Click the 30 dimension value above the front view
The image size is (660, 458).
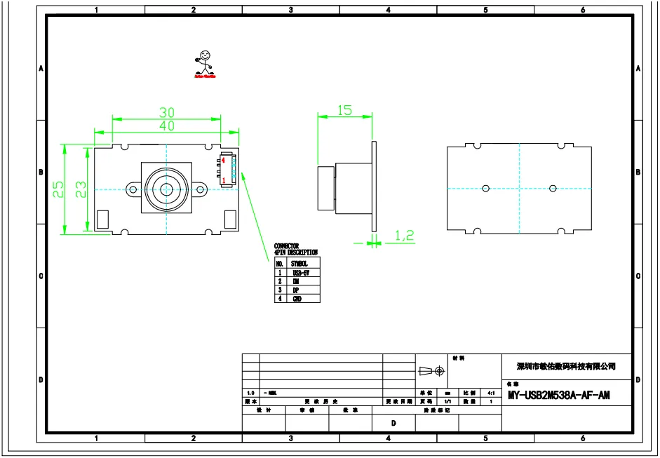pyautogui.click(x=166, y=112)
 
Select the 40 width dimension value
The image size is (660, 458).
pyautogui.click(x=166, y=126)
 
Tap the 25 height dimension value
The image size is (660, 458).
pyautogui.click(x=60, y=189)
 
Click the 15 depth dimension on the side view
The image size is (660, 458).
pyautogui.click(x=344, y=110)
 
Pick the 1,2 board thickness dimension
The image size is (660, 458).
pyautogui.click(x=404, y=236)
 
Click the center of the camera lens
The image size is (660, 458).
pyautogui.click(x=167, y=189)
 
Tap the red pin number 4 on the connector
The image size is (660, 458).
pyautogui.click(x=222, y=161)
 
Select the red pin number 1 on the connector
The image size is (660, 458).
pyautogui.click(x=223, y=181)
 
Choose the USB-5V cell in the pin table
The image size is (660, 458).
pyautogui.click(x=301, y=272)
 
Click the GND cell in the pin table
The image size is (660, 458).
pyautogui.click(x=297, y=298)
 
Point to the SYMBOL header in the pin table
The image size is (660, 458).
pyautogui.click(x=299, y=263)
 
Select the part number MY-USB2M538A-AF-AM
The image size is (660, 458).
pyautogui.click(x=558, y=396)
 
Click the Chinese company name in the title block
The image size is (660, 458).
pyautogui.click(x=565, y=366)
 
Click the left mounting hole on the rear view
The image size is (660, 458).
pyautogui.click(x=485, y=188)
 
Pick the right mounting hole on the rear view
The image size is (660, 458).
pyautogui.click(x=553, y=188)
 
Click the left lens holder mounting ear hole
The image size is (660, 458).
pyautogui.click(x=133, y=189)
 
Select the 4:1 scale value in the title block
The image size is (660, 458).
pyautogui.click(x=491, y=393)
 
